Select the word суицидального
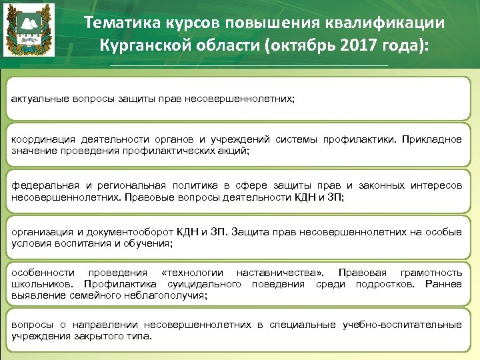coord(208,284)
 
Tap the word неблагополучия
coord(163,295)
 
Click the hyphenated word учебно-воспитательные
coord(402,325)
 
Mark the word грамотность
coord(430,273)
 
